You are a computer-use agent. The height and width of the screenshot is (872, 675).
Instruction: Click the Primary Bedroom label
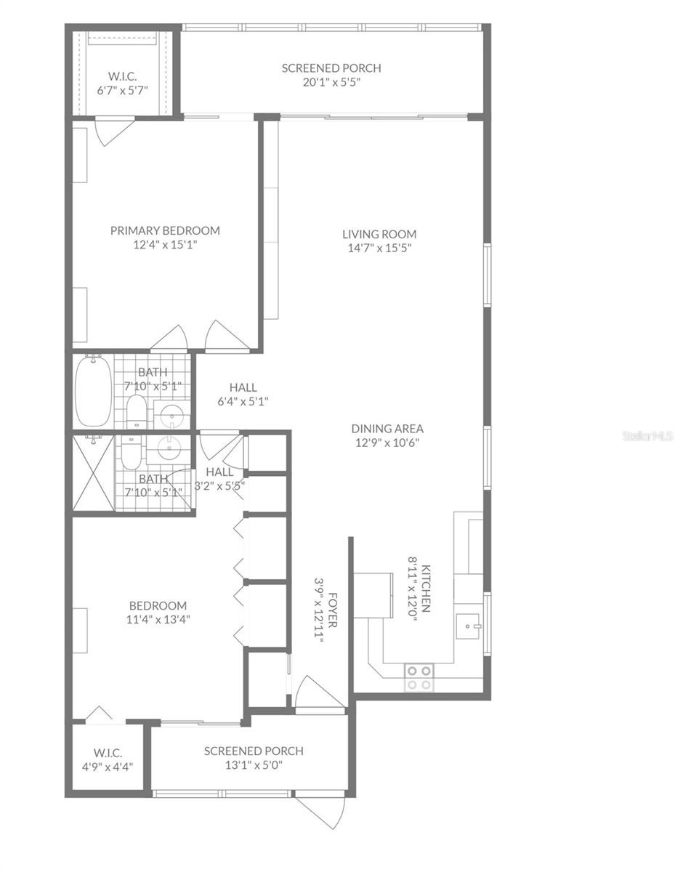coord(165,230)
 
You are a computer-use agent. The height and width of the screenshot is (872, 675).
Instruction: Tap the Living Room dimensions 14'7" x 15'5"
coord(379,248)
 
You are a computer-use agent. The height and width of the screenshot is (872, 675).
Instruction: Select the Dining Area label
coord(387,428)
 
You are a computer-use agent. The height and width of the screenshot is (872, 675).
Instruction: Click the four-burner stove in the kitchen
coord(419,677)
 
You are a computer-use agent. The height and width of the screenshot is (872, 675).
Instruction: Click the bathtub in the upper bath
coord(94,390)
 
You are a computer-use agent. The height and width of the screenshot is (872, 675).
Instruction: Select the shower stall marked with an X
coord(94,473)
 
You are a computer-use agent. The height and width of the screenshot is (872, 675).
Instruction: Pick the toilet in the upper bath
coord(136,411)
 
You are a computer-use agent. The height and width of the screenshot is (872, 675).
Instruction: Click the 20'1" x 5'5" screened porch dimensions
coord(331,82)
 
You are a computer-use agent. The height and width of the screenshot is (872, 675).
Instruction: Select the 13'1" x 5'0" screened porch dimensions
coord(254,765)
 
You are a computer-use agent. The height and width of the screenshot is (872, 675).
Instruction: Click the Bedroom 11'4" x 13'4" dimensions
coord(158,619)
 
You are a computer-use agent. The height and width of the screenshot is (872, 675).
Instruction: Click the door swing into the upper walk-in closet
coord(113,132)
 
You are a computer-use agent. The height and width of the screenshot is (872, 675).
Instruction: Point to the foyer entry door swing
coord(319,691)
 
